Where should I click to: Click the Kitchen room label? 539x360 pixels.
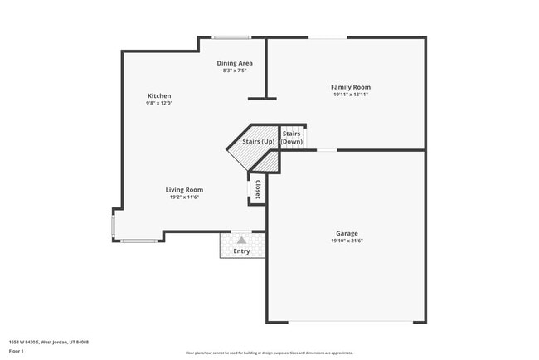[159, 96]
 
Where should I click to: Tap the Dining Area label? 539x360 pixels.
[235, 63]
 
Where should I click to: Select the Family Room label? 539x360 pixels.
[351, 87]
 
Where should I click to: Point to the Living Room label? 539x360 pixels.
[184, 190]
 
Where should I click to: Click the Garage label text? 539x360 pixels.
[347, 234]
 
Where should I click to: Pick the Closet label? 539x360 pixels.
[258, 189]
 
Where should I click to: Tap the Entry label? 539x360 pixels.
[241, 251]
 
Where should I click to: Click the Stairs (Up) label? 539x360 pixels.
[258, 142]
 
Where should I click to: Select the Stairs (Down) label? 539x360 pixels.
[292, 138]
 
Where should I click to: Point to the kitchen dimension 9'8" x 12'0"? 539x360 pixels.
[159, 104]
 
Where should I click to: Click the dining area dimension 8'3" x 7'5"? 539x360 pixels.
[235, 71]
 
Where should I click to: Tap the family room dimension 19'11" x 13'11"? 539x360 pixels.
[351, 95]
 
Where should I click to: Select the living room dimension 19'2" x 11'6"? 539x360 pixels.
[184, 197]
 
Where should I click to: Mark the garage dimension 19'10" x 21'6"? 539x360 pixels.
[347, 241]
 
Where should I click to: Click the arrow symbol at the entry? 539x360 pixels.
[241, 240]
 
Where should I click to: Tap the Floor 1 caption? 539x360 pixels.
[17, 351]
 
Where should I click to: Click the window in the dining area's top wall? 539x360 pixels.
[231, 37]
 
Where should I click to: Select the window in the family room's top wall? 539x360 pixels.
[328, 37]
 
